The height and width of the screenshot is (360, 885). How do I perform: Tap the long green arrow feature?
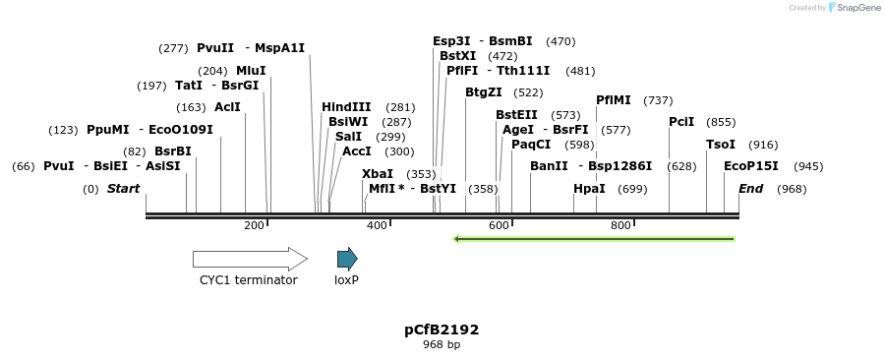pyautogui.click(x=593, y=238)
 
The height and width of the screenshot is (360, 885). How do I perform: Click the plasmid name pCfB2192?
pyautogui.click(x=442, y=330)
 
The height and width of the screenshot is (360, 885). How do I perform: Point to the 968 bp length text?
pyautogui.click(x=442, y=345)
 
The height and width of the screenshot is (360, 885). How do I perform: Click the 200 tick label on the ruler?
pyautogui.click(x=254, y=226)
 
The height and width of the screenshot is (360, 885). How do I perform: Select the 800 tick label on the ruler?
pyautogui.click(x=620, y=226)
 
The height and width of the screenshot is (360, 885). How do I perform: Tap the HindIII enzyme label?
pyautogui.click(x=346, y=107)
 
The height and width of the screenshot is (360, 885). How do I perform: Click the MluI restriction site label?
pyautogui.click(x=251, y=71)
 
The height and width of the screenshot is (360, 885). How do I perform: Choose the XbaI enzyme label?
pyautogui.click(x=378, y=174)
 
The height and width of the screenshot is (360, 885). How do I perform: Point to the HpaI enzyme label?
pyautogui.click(x=589, y=189)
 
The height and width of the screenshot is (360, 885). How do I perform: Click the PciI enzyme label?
pyautogui.click(x=681, y=122)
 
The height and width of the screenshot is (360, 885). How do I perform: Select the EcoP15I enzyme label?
pyautogui.click(x=750, y=166)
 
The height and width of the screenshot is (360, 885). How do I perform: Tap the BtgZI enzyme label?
pyautogui.click(x=484, y=92)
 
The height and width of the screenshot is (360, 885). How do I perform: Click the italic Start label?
pyautogui.click(x=123, y=189)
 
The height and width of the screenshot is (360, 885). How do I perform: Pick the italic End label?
pyautogui.click(x=750, y=189)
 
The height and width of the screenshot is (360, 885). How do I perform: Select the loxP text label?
pyautogui.click(x=346, y=280)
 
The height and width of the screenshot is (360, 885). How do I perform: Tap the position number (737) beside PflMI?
pyautogui.click(x=658, y=100)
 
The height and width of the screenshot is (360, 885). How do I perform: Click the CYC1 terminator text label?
pyautogui.click(x=248, y=280)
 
